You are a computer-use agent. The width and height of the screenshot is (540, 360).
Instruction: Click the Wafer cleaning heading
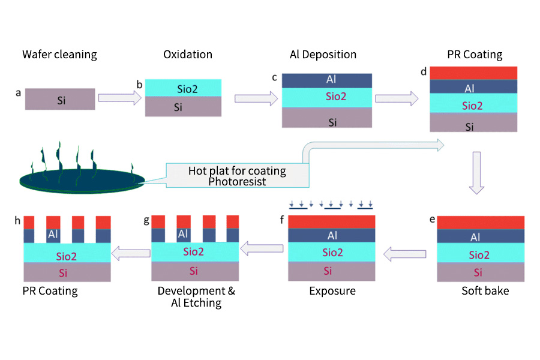pyautogui.click(x=59, y=55)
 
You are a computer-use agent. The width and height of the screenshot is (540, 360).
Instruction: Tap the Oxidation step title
pyautogui.click(x=188, y=55)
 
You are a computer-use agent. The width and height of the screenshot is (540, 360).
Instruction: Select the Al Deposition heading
pyautogui.click(x=323, y=55)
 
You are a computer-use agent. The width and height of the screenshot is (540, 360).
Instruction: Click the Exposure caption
pyautogui.click(x=332, y=291)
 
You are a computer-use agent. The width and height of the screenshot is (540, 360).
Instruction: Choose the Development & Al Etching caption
pyautogui.click(x=196, y=297)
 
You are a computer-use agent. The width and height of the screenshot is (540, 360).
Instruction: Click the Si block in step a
pyautogui.click(x=59, y=100)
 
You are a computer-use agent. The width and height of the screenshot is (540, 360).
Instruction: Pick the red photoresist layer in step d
pyautogui.click(x=473, y=73)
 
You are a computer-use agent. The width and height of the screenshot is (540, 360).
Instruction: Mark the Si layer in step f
pyautogui.click(x=332, y=271)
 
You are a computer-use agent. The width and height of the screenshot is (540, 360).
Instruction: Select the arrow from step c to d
pyautogui.click(x=397, y=98)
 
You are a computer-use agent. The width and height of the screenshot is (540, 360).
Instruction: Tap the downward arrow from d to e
pyautogui.click(x=476, y=173)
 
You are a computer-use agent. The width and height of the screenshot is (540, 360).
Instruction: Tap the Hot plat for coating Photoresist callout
pyautogui.click(x=237, y=175)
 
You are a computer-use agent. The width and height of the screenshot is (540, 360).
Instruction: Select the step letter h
pyautogui.click(x=17, y=221)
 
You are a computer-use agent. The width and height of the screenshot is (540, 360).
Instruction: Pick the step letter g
pyautogui.click(x=146, y=221)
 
